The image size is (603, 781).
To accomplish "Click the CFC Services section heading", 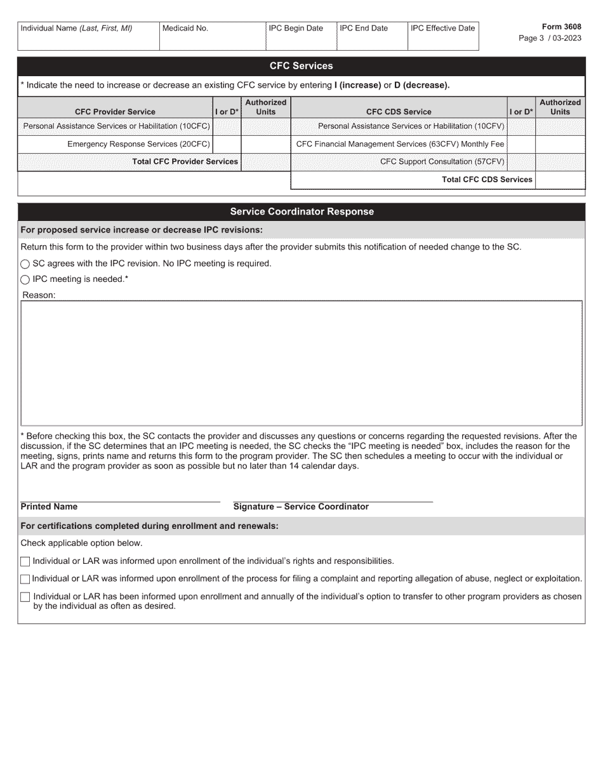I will pyautogui.click(x=301, y=66).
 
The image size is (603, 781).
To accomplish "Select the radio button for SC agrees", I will pyautogui.click(x=25, y=264).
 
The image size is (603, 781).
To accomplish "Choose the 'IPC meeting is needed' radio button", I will pyautogui.click(x=25, y=279).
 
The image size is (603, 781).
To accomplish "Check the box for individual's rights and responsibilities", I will pyautogui.click(x=25, y=561).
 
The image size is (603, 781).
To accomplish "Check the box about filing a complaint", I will pyautogui.click(x=25, y=579).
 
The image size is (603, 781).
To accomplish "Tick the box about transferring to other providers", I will pyautogui.click(x=25, y=597).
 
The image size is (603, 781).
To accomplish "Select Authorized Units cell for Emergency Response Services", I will pyautogui.click(x=266, y=144).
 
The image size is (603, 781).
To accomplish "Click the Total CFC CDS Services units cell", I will pyautogui.click(x=560, y=180).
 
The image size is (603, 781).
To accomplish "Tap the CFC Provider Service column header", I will pyautogui.click(x=115, y=112).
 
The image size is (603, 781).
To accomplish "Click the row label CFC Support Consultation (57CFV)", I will pyautogui.click(x=442, y=162).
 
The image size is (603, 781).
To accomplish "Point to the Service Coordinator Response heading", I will pyautogui.click(x=301, y=212).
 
